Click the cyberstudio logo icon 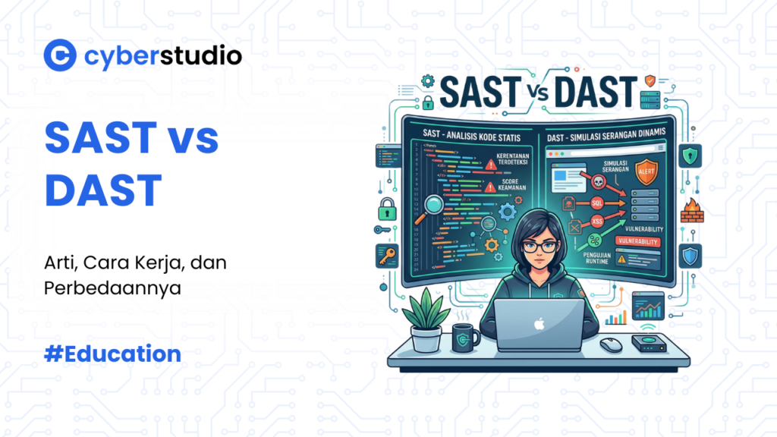coord(59,55)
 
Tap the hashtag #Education coord(112,354)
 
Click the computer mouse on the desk coord(610,344)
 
